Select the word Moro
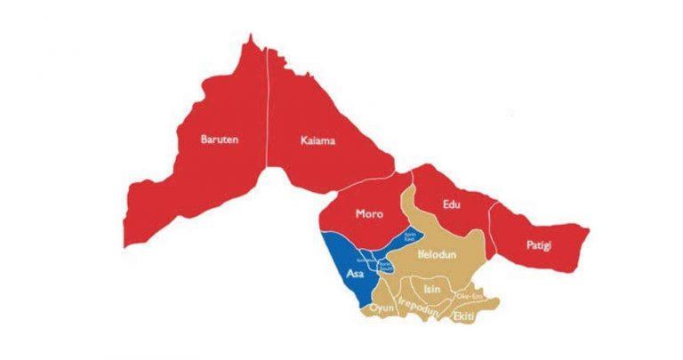tap(369, 213)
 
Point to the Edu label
tap(452, 205)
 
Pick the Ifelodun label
tap(436, 254)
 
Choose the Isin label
tap(432, 289)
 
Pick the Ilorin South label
tap(385, 265)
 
